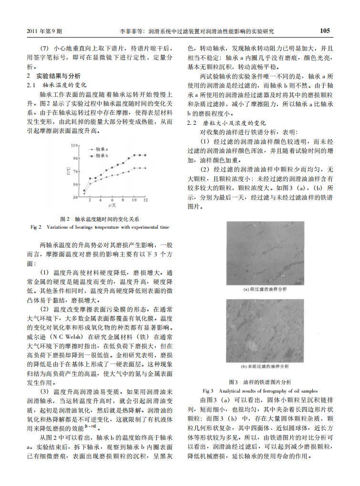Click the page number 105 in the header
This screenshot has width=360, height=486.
tap(325, 31)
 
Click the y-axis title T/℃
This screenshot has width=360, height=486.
tap(69, 171)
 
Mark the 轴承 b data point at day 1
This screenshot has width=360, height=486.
tap(84, 191)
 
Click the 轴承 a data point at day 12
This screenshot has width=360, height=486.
tap(145, 168)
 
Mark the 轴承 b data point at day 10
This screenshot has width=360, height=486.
tap(134, 155)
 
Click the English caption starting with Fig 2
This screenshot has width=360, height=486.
tap(100, 227)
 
